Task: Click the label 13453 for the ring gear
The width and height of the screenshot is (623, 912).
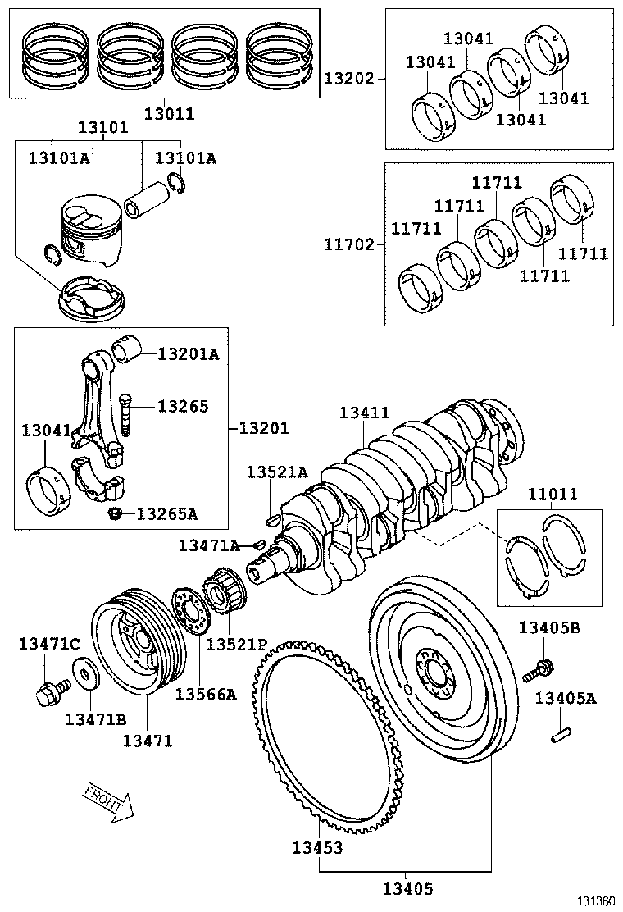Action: [x=317, y=847]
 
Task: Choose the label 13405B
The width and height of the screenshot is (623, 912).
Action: [x=548, y=627]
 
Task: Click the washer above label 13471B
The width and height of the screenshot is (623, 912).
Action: [x=85, y=677]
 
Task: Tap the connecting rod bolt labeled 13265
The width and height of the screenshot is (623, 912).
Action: [x=125, y=414]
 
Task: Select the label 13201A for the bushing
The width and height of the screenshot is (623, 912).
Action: [x=188, y=353]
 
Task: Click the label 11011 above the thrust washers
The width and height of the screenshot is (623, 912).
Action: [x=553, y=495]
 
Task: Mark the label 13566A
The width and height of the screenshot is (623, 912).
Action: [x=205, y=694]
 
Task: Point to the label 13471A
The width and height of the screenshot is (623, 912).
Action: [x=209, y=545]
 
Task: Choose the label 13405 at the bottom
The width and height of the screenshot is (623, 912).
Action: [x=407, y=888]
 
